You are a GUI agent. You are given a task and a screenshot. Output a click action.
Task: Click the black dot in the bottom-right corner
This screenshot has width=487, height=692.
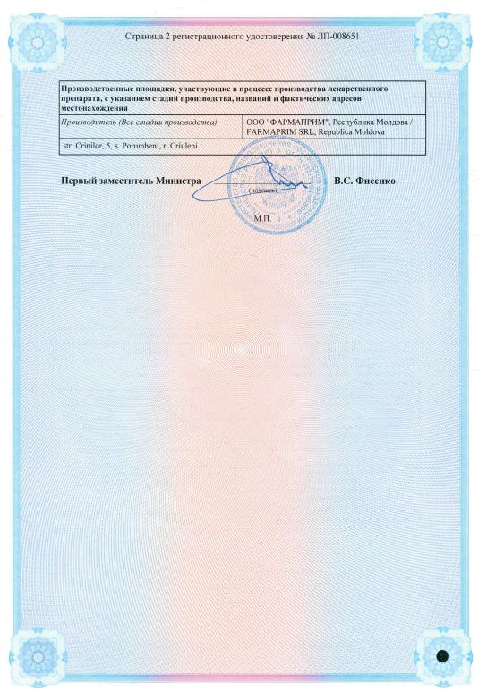pos(441,656)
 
